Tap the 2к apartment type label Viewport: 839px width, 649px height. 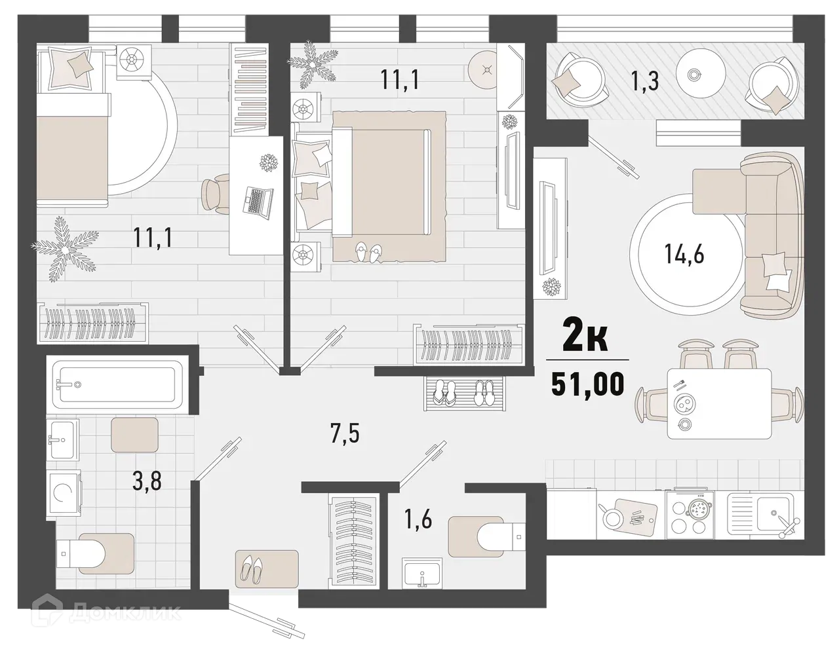coord(587,340)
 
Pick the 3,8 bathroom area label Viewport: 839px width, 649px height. coord(147,483)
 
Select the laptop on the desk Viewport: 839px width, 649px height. coord(257,200)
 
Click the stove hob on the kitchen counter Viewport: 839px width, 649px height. coord(695,511)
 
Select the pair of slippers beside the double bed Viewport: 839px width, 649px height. coord(367,252)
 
